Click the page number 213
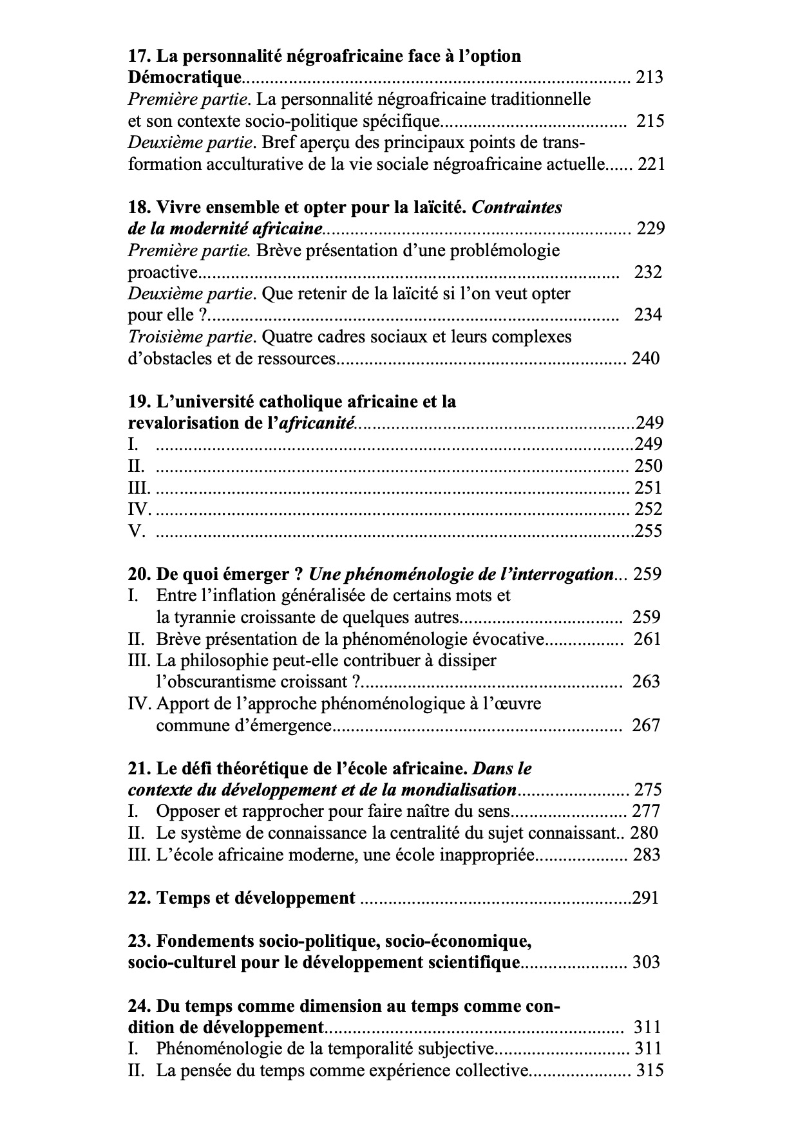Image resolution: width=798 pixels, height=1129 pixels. click(x=649, y=78)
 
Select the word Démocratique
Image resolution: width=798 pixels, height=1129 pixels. click(x=185, y=78)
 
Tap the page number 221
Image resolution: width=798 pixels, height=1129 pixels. click(x=651, y=164)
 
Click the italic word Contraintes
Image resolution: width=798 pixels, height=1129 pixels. click(x=517, y=207)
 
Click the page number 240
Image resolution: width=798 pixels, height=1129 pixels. click(x=645, y=359)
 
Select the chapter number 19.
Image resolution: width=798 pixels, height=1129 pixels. click(x=138, y=402)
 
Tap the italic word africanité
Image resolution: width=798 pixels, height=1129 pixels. click(x=316, y=424)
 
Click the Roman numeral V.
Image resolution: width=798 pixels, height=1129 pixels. click(x=135, y=531)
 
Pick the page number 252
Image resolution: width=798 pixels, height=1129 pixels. click(x=649, y=509)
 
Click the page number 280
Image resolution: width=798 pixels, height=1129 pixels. click(x=644, y=833)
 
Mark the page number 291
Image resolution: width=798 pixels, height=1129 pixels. click(x=645, y=898)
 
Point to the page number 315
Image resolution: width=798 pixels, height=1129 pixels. click(x=650, y=1071)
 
